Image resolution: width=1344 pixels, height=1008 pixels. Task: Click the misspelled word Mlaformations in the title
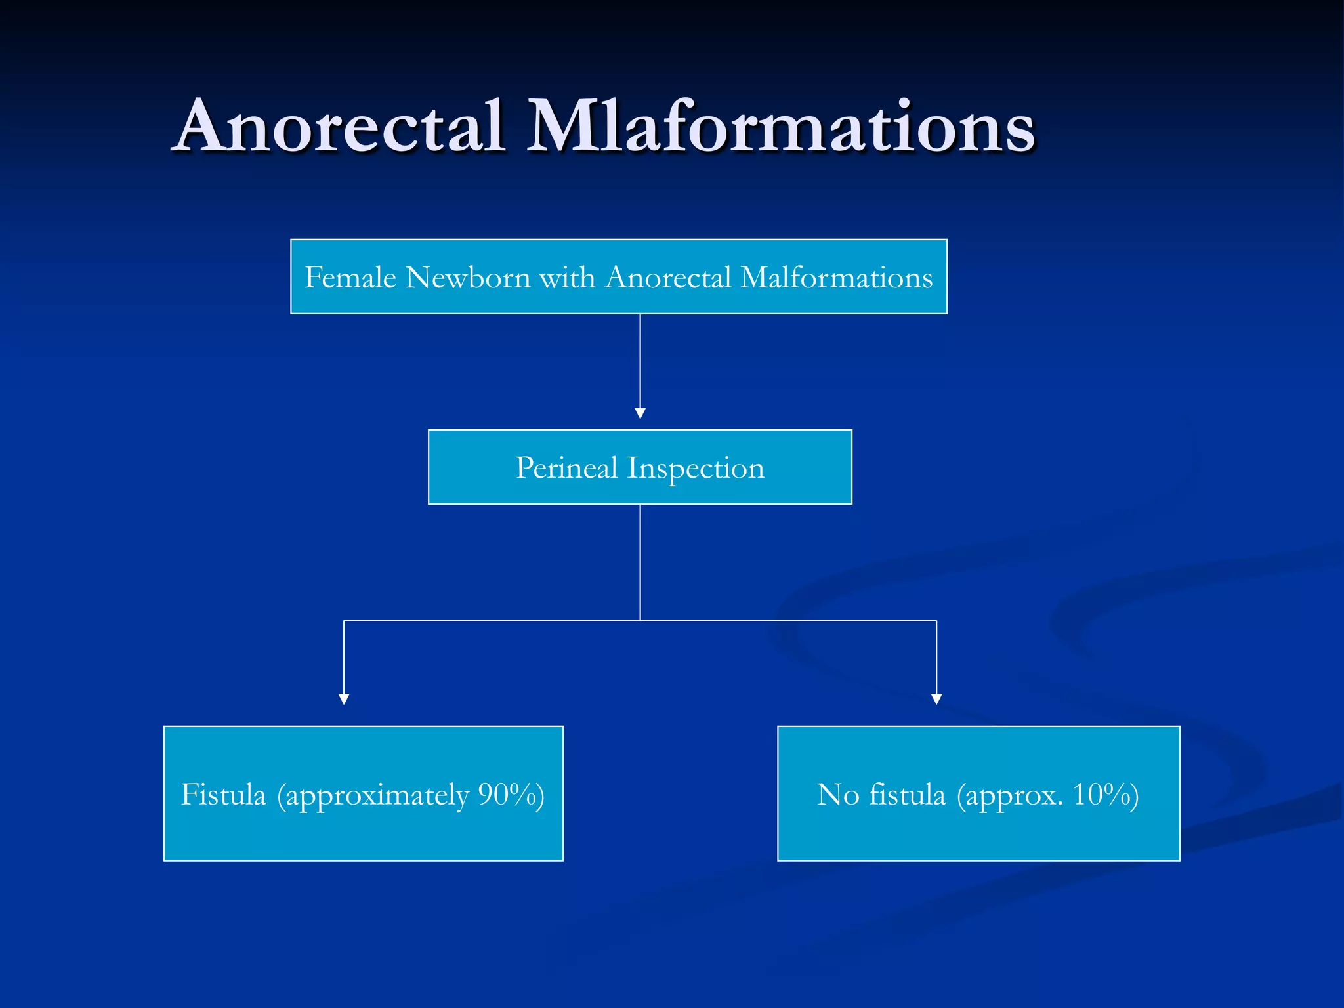click(781, 126)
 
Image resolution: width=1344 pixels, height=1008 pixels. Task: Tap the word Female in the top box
click(350, 278)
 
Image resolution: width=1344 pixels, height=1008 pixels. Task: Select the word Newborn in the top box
click(468, 278)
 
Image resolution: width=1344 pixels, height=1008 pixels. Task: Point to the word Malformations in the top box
click(837, 278)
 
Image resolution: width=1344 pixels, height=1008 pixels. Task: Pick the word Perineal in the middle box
click(567, 468)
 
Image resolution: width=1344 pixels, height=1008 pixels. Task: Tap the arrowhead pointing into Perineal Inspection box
click(640, 413)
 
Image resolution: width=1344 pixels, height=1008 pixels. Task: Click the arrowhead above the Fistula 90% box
click(344, 700)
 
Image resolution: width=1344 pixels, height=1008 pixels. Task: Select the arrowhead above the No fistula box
click(936, 700)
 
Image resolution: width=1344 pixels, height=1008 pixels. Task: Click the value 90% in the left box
click(507, 795)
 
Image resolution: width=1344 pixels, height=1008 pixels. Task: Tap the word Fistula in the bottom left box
click(223, 795)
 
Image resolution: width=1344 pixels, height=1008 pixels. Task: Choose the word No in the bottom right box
click(838, 795)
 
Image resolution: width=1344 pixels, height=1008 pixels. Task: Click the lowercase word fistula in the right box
click(908, 795)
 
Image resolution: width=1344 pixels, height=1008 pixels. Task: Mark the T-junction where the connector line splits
click(640, 620)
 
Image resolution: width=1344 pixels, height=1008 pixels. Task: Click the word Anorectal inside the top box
click(668, 278)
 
